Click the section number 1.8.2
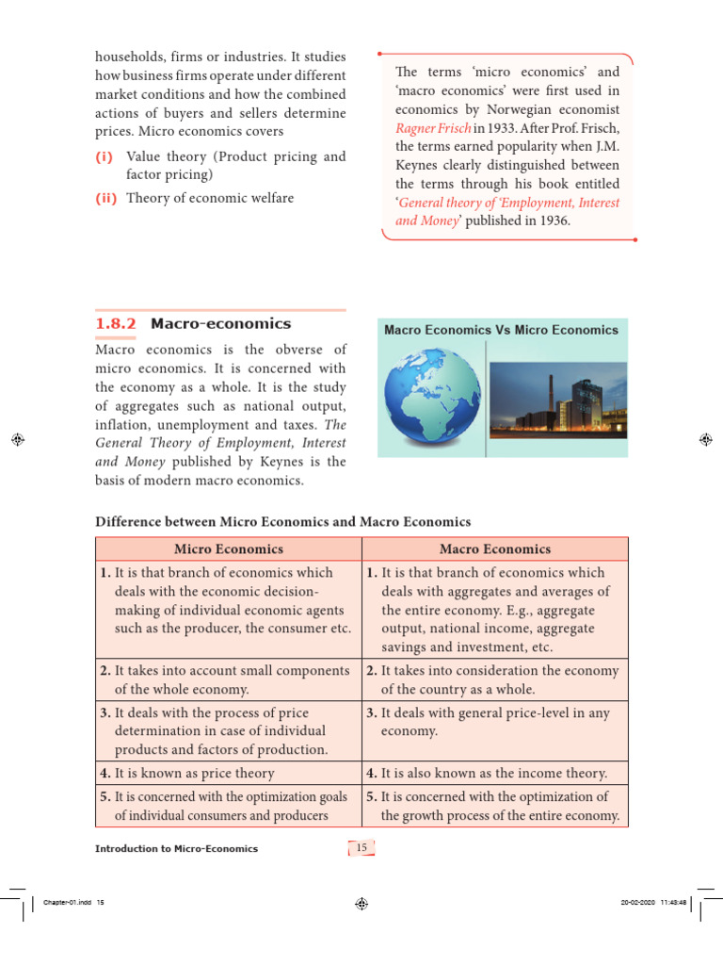[x=116, y=323]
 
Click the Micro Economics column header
[x=229, y=548]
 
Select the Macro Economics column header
[x=495, y=548]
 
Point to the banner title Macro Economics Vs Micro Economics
[x=502, y=330]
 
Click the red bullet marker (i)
[x=105, y=156]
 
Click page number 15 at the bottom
[x=361, y=848]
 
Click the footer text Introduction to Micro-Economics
[x=176, y=849]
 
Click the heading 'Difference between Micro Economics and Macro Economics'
[x=283, y=521]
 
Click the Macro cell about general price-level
[x=495, y=722]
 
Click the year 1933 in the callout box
[x=493, y=127]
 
